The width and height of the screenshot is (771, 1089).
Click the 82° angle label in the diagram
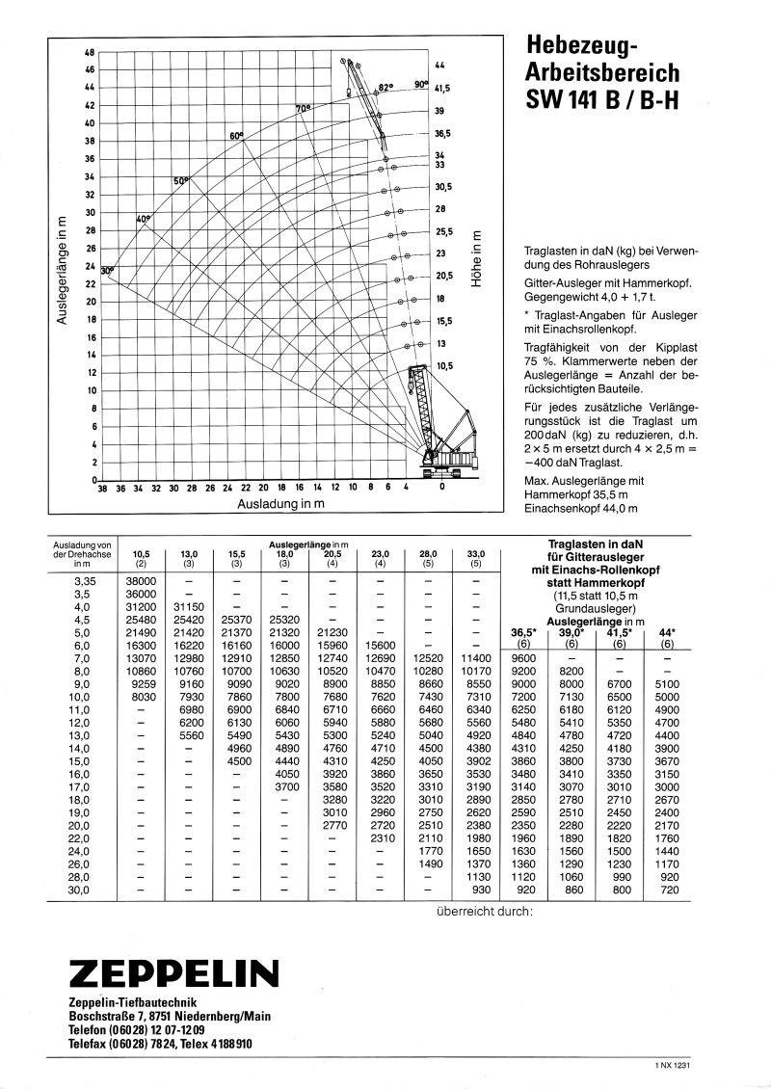tap(387, 87)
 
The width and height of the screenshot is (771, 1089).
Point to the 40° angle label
tap(145, 220)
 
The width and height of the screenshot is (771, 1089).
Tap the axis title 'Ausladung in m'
tap(280, 503)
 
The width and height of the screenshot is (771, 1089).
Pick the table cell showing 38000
tap(141, 581)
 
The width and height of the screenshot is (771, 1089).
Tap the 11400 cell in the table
tap(476, 656)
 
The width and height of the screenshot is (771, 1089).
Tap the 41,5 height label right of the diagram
tap(443, 88)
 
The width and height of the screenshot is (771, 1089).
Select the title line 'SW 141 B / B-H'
tap(602, 99)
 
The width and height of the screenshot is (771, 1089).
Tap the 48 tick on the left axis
tap(90, 52)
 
